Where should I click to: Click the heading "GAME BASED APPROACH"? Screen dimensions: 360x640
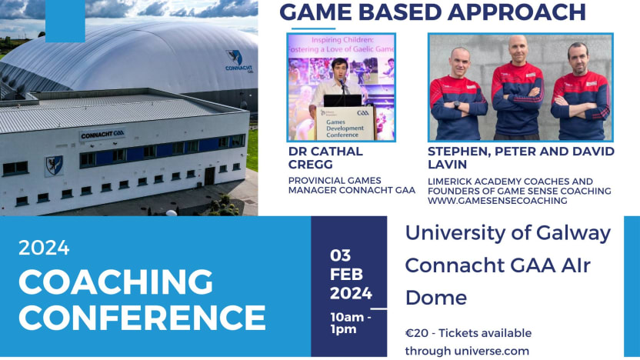432,13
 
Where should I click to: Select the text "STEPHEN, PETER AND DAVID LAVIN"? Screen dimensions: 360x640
521,158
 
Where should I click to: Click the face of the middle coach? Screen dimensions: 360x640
517,50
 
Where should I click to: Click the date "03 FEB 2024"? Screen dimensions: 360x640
351,274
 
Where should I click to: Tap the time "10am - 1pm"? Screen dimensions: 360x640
351,324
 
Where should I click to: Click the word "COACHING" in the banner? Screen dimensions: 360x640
115,282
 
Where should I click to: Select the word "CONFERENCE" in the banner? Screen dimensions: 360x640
142,317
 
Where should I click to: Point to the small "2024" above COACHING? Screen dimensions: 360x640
44,248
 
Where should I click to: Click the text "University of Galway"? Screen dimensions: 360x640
508,232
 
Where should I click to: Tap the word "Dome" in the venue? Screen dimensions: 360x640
435,298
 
